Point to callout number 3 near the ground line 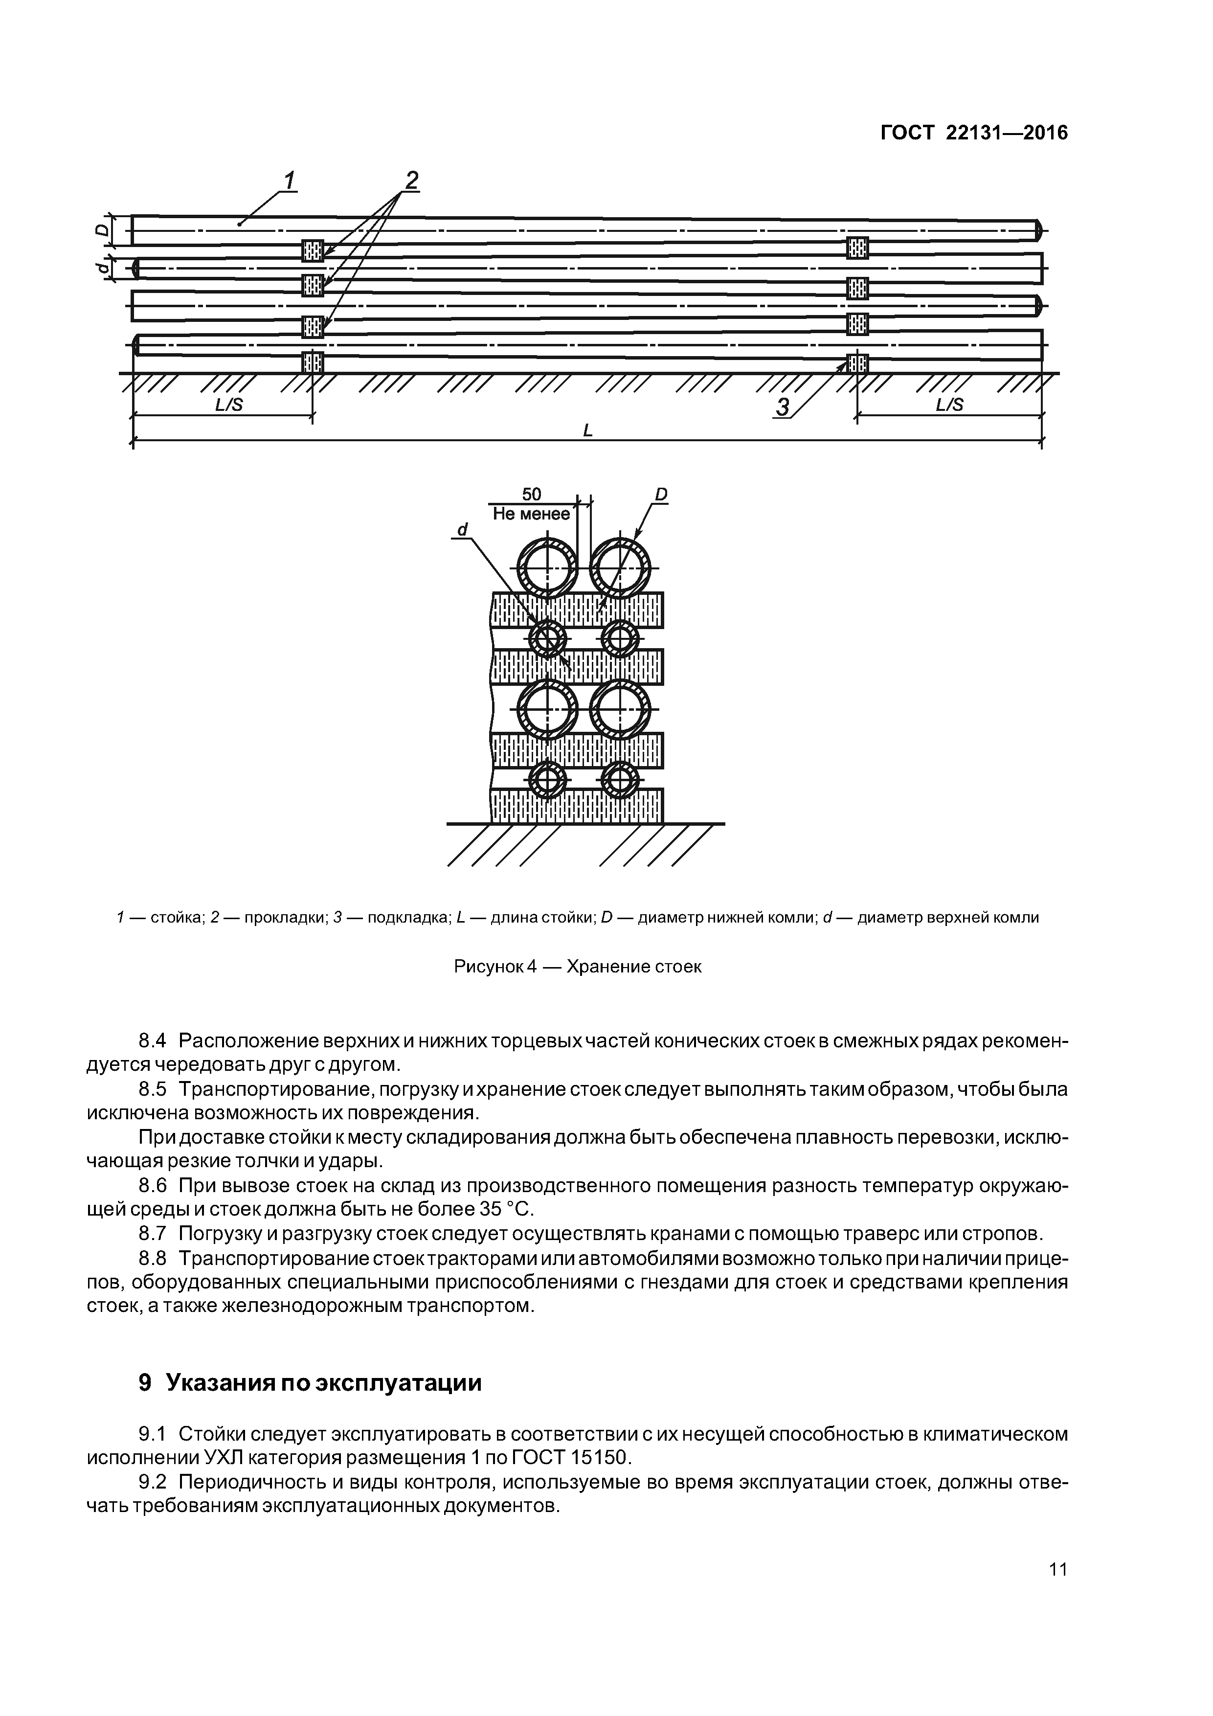[783, 407]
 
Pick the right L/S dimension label [949, 405]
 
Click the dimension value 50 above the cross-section [531, 494]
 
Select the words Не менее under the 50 [531, 514]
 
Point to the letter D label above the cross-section [661, 494]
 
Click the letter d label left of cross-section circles [462, 530]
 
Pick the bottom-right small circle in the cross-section [620, 780]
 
